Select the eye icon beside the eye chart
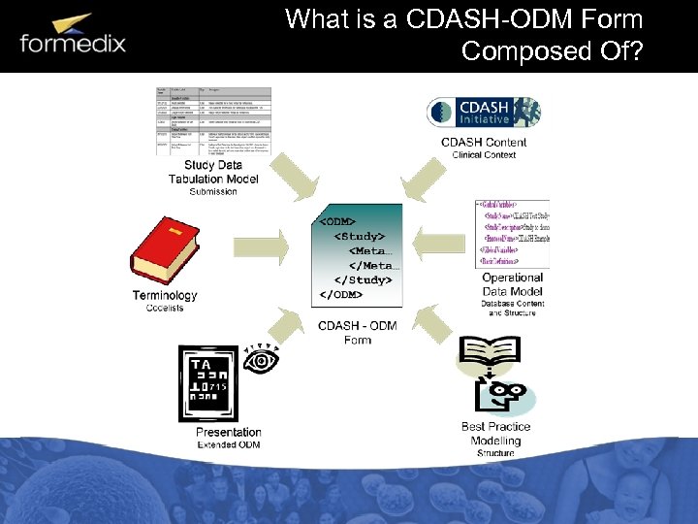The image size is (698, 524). click(262, 361)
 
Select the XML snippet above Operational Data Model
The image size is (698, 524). click(512, 234)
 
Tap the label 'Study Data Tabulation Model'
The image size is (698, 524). click(213, 172)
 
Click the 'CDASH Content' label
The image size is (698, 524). click(484, 143)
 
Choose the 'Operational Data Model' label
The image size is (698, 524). click(514, 284)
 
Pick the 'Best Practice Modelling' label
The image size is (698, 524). click(495, 434)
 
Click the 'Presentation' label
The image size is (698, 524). click(229, 432)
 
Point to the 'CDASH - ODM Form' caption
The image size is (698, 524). click(358, 332)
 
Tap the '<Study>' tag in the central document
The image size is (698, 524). click(358, 236)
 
